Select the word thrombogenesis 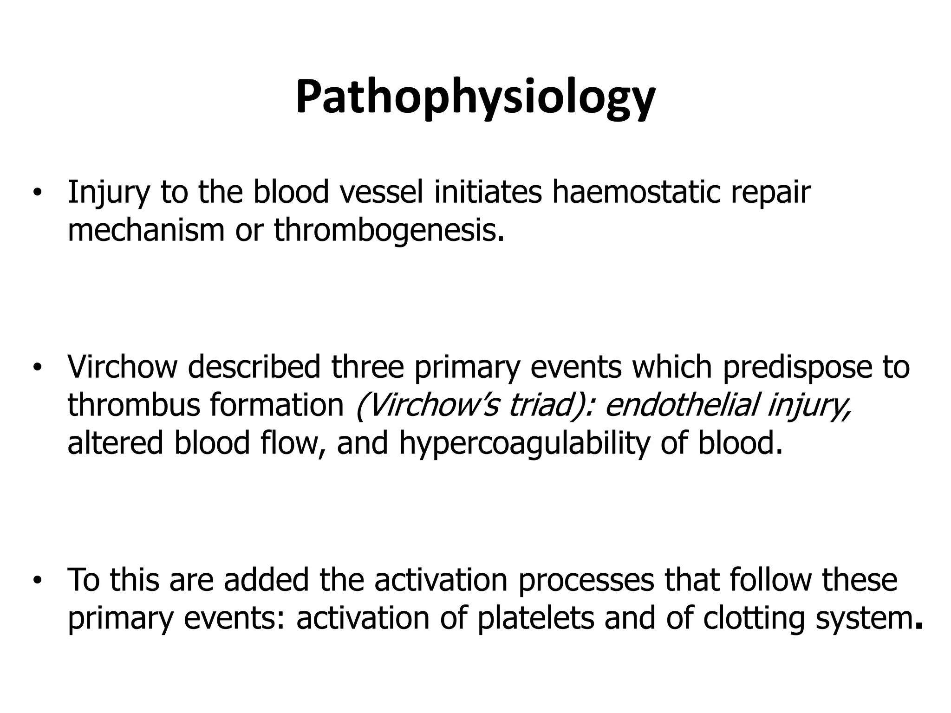388,230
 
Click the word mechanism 146,230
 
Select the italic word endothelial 681,405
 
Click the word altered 115,443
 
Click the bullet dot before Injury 38,193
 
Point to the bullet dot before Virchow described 38,367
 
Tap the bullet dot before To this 38,580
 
